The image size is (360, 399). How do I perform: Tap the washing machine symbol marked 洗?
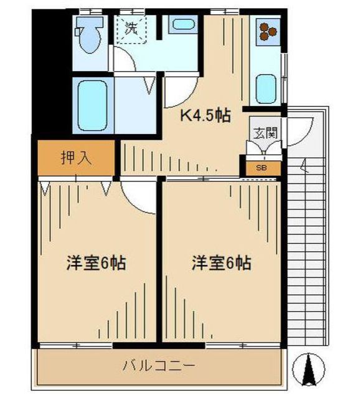pyautogui.click(x=131, y=29)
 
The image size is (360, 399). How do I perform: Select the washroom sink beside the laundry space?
pyautogui.click(x=183, y=24)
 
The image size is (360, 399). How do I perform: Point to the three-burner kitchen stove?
pyautogui.click(x=268, y=32)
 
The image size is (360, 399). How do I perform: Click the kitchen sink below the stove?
pyautogui.click(x=266, y=89)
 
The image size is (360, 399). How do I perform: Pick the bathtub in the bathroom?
pyautogui.click(x=93, y=106)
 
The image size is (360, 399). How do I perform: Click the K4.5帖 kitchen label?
pyautogui.click(x=206, y=116)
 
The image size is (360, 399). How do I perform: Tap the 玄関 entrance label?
pyautogui.click(x=265, y=132)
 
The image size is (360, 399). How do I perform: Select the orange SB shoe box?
pyautogui.click(x=263, y=168)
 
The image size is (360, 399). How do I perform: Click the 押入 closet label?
pyautogui.click(x=76, y=158)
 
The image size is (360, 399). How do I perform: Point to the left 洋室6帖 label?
pyautogui.click(x=96, y=263)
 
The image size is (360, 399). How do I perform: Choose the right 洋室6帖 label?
pyautogui.click(x=222, y=263)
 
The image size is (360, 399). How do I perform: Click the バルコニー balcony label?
pyautogui.click(x=159, y=366)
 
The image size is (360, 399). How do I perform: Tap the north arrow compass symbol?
pyautogui.click(x=309, y=368)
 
